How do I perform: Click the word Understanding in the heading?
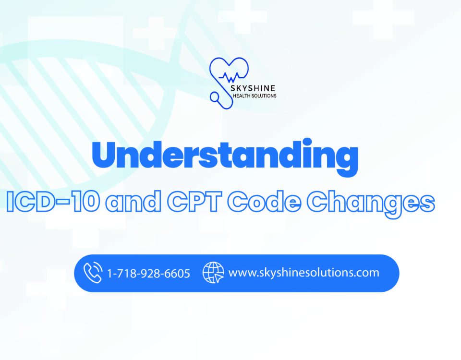(x=225, y=155)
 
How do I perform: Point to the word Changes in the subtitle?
(x=371, y=204)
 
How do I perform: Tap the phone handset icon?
(x=93, y=273)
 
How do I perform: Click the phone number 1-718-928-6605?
(x=149, y=274)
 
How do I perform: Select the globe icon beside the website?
(x=213, y=273)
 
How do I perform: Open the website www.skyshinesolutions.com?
(x=303, y=273)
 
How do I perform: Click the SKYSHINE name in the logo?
(x=253, y=88)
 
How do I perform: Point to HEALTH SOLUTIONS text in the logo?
(x=255, y=96)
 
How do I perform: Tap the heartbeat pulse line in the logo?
(x=232, y=77)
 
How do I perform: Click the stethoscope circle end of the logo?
(x=215, y=96)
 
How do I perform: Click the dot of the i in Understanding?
(x=307, y=143)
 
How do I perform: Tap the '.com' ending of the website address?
(x=367, y=273)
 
